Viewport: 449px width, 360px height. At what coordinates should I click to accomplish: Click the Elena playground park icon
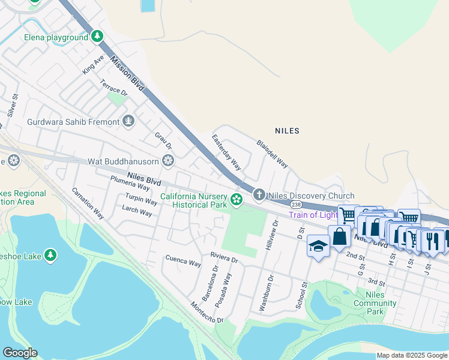click(x=97, y=37)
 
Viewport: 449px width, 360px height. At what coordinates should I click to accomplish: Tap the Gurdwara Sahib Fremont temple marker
click(x=128, y=122)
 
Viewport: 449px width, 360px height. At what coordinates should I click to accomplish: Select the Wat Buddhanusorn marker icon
click(x=168, y=161)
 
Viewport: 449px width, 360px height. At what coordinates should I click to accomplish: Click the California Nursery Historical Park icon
click(x=237, y=199)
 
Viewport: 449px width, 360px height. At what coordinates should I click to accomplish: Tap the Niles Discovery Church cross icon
click(x=259, y=194)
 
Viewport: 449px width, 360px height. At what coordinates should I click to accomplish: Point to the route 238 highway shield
click(x=296, y=205)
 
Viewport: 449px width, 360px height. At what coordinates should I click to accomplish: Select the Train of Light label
click(x=312, y=215)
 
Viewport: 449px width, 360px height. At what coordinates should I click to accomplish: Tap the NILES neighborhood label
click(x=287, y=130)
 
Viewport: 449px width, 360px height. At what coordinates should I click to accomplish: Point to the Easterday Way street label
click(x=226, y=152)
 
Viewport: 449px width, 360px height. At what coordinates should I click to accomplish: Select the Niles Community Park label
click(x=375, y=303)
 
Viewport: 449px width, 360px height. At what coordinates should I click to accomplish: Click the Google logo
click(x=20, y=353)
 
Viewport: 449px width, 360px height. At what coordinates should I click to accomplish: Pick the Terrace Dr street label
click(x=114, y=88)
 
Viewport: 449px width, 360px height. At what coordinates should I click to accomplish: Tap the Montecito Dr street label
click(x=202, y=312)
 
